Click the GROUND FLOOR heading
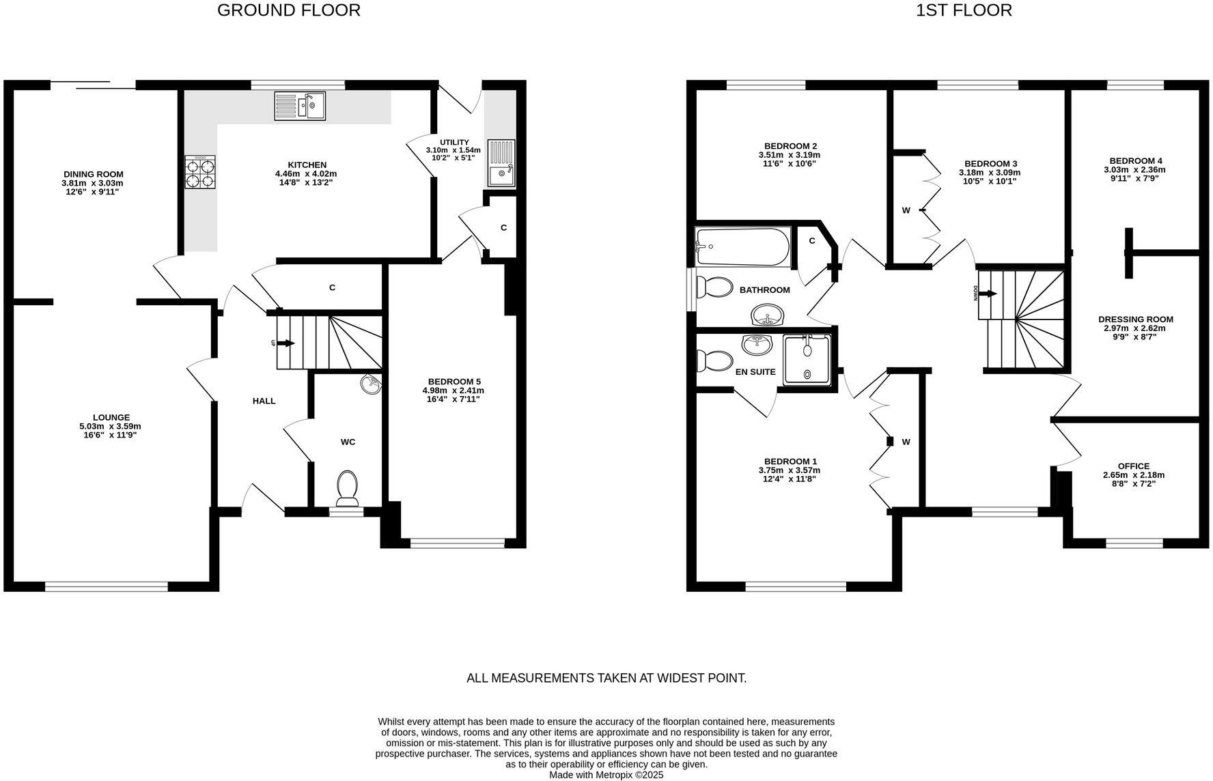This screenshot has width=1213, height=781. click(x=288, y=10)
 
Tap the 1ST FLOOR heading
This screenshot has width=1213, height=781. click(x=964, y=10)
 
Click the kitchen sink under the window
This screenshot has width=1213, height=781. click(x=301, y=106)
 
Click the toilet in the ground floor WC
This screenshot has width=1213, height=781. click(x=348, y=487)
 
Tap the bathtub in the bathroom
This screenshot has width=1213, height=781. click(x=742, y=246)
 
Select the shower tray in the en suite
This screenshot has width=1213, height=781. click(x=807, y=359)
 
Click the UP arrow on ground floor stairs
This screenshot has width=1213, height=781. click(x=285, y=343)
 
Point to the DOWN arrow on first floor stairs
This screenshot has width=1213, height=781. click(x=988, y=294)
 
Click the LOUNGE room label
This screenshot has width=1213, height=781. click(x=111, y=417)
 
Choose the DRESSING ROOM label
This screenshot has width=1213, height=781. click(x=1135, y=319)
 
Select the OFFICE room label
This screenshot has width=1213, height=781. click(x=1133, y=466)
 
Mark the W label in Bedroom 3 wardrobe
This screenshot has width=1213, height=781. click(x=906, y=210)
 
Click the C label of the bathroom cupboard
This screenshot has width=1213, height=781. click(x=812, y=241)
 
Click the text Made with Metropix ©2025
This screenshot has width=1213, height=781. click(x=606, y=775)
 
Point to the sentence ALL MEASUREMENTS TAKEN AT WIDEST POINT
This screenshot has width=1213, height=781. click(x=606, y=678)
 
